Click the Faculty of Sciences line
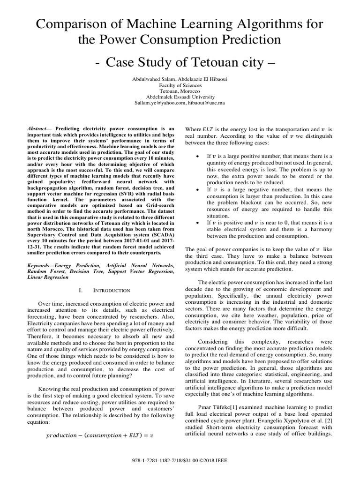click(x=180, y=86)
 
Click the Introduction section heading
click(x=112, y=291)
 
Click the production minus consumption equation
click(x=101, y=436)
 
